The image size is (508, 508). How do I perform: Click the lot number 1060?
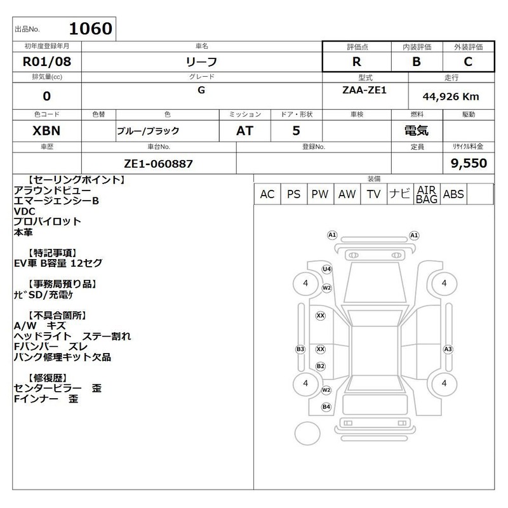point(91,29)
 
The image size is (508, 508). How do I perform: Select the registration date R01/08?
point(47,62)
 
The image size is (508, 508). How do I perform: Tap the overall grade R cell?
point(357,62)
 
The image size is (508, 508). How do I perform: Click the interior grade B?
point(417,62)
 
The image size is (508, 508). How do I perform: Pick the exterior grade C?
point(468,62)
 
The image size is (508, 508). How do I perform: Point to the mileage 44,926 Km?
point(451,97)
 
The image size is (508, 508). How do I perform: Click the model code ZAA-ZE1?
point(364,90)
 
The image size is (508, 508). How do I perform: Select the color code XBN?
point(46,131)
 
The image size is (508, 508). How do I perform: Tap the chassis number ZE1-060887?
point(158,164)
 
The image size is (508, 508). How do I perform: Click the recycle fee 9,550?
point(469,163)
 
